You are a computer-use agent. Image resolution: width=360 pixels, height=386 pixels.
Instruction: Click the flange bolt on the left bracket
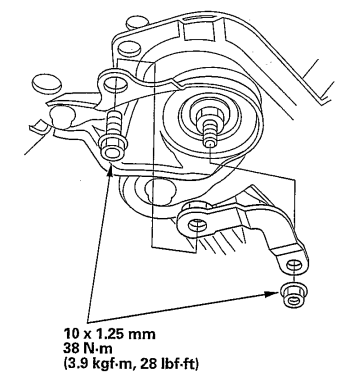[112, 150]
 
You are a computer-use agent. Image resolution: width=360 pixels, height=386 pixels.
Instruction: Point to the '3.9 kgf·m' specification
[110, 356]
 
